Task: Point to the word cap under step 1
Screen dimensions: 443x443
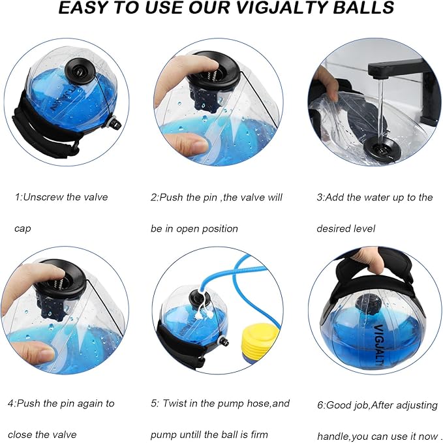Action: (23, 228)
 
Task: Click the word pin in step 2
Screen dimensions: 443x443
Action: (209, 197)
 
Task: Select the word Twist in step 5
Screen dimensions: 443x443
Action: (178, 403)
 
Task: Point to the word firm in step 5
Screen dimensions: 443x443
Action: (258, 435)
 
